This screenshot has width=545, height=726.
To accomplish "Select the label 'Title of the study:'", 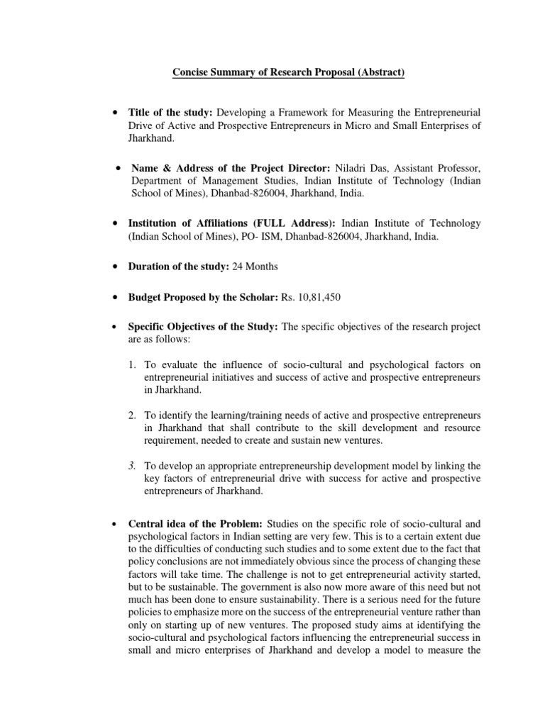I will (x=170, y=113).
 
